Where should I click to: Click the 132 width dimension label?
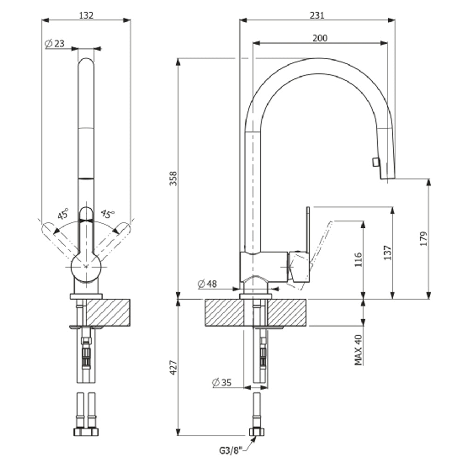pyautogui.click(x=86, y=15)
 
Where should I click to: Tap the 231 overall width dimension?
pyautogui.click(x=316, y=15)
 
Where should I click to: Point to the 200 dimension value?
pyautogui.click(x=320, y=38)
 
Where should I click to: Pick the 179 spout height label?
pyautogui.click(x=423, y=239)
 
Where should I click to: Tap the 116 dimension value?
pyautogui.click(x=358, y=260)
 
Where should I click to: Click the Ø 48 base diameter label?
pyautogui.click(x=208, y=283)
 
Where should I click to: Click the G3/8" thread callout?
pyautogui.click(x=232, y=451)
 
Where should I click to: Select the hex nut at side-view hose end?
pyautogui.click(x=256, y=432)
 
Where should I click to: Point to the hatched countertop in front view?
pyautogui.click(x=108, y=312)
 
